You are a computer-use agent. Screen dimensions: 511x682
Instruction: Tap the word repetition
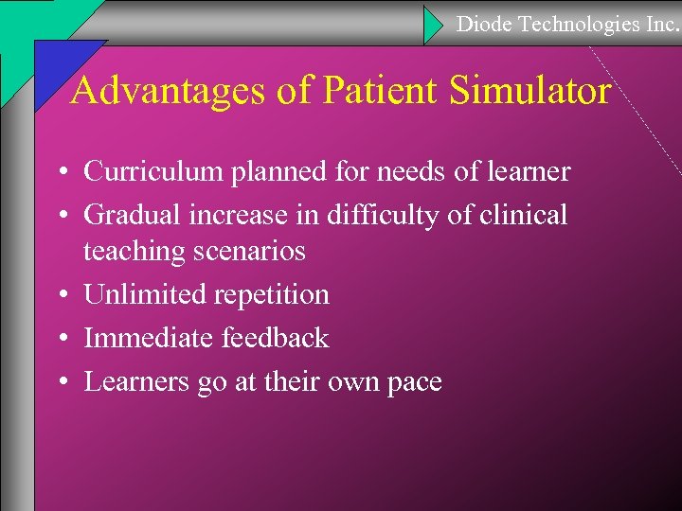pyautogui.click(x=272, y=295)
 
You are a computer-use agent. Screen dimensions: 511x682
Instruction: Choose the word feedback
pyautogui.click(x=276, y=338)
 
